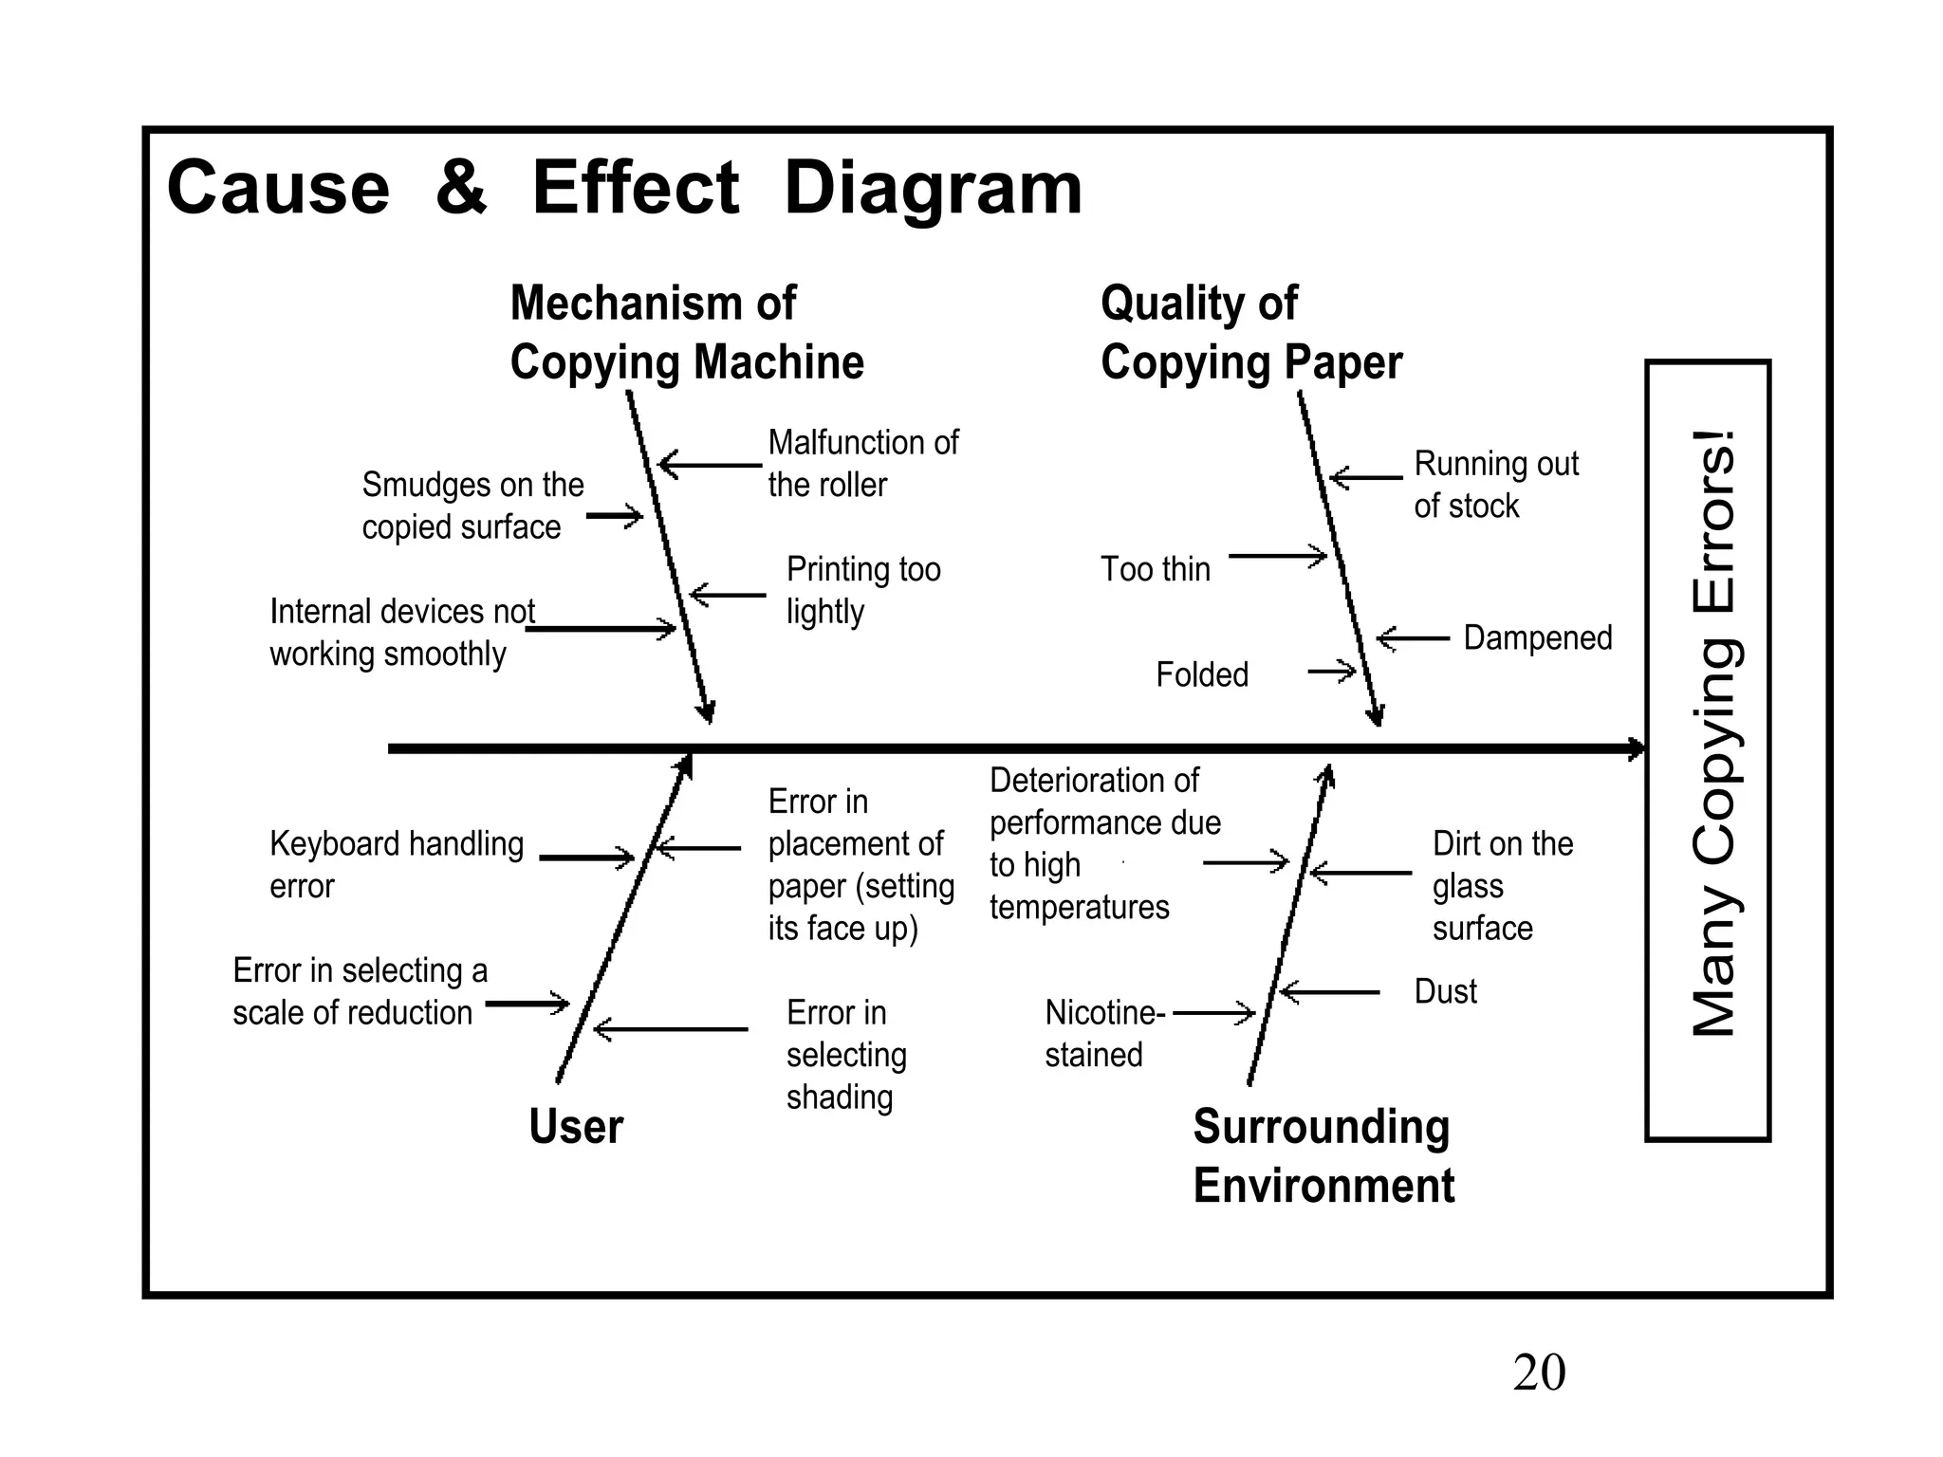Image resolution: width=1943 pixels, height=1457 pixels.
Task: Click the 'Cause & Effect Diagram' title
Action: point(623,188)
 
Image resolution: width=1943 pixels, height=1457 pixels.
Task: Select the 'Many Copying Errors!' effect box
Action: point(1708,749)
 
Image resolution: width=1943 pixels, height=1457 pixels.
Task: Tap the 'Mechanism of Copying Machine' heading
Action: point(686,333)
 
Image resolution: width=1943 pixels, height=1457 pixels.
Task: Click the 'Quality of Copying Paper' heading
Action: point(1250,333)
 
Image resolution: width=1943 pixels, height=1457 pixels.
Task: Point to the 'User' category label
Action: point(576,1127)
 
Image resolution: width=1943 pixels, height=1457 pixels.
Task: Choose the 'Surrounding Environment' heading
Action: point(1323,1155)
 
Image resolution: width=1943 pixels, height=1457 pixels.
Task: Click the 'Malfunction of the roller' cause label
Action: point(861,464)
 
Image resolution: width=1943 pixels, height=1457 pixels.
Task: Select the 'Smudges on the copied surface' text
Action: point(472,506)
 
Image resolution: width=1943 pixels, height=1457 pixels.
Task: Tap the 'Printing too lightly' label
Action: point(862,590)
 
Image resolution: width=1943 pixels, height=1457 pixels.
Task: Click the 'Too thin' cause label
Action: point(1155,569)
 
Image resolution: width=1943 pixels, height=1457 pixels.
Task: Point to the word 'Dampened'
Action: point(1537,637)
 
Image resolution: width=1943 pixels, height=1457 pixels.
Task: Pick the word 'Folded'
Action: point(1201,674)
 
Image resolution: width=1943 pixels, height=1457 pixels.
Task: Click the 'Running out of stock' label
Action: point(1495,485)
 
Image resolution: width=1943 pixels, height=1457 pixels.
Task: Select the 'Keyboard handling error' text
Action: point(396,864)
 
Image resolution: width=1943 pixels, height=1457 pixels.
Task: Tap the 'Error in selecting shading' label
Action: point(845,1054)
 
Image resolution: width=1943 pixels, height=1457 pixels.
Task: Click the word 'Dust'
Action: point(1445,991)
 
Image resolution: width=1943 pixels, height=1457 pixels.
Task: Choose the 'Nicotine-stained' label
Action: point(1103,1033)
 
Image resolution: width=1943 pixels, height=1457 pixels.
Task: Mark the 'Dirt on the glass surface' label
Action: point(1502,885)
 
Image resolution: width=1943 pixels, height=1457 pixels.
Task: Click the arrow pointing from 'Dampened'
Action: point(1413,638)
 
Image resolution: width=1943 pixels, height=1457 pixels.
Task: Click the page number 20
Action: point(1539,1373)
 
